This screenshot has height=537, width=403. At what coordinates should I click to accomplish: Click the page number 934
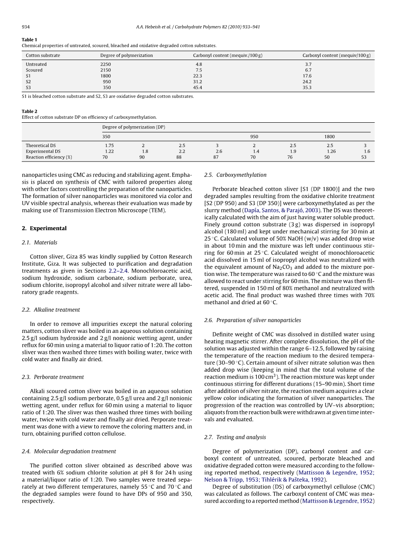26,27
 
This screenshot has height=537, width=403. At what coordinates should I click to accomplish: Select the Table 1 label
30,40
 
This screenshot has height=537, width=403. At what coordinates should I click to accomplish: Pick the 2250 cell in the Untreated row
105,64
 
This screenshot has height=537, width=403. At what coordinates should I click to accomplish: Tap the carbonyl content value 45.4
198,87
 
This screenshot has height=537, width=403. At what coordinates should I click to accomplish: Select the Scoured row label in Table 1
34,70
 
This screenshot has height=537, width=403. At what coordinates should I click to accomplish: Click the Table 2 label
30,111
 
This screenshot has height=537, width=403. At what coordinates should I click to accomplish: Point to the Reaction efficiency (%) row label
49,157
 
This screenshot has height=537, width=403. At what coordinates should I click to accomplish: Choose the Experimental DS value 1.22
109,151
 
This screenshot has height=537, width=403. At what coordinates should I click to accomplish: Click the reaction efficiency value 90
142,157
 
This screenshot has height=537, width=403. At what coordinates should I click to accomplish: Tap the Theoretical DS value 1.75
109,145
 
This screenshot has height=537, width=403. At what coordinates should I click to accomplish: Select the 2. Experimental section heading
44,228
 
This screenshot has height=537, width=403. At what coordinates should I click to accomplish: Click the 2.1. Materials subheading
39,242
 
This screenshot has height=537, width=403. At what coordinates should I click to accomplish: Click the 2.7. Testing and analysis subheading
235,437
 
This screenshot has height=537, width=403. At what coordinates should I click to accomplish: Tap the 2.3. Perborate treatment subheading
53,377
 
